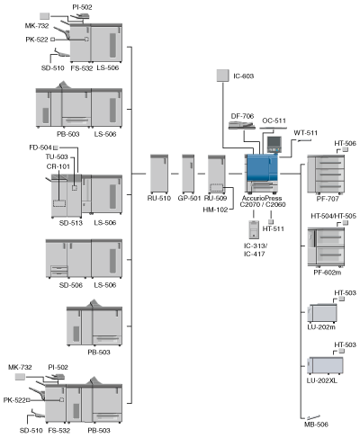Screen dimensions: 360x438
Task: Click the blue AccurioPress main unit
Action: click(x=262, y=173)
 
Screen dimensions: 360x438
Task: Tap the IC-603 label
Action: click(x=244, y=76)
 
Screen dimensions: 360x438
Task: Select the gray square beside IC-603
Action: click(x=223, y=76)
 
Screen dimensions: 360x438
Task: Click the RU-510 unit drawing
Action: click(x=159, y=174)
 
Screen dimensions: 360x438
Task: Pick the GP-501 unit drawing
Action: click(x=188, y=174)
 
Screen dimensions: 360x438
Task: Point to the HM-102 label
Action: click(x=215, y=210)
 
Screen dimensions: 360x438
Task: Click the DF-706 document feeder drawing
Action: click(x=242, y=125)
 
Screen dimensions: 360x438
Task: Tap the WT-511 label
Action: click(x=305, y=132)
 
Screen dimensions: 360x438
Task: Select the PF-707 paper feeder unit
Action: click(x=326, y=174)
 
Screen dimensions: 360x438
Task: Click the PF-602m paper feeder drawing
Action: click(x=326, y=247)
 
